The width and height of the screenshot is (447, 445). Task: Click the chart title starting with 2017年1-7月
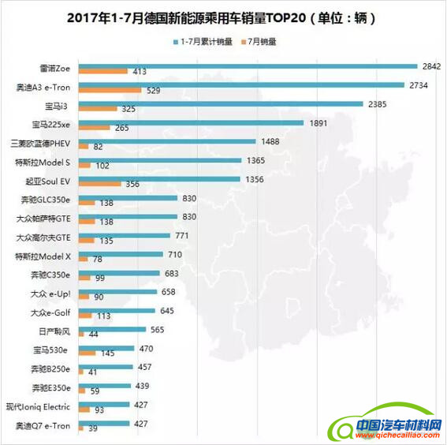222,16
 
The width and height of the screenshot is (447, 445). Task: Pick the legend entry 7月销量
265,41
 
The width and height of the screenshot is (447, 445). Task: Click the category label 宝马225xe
50,125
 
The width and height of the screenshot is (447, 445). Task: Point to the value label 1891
318,123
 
